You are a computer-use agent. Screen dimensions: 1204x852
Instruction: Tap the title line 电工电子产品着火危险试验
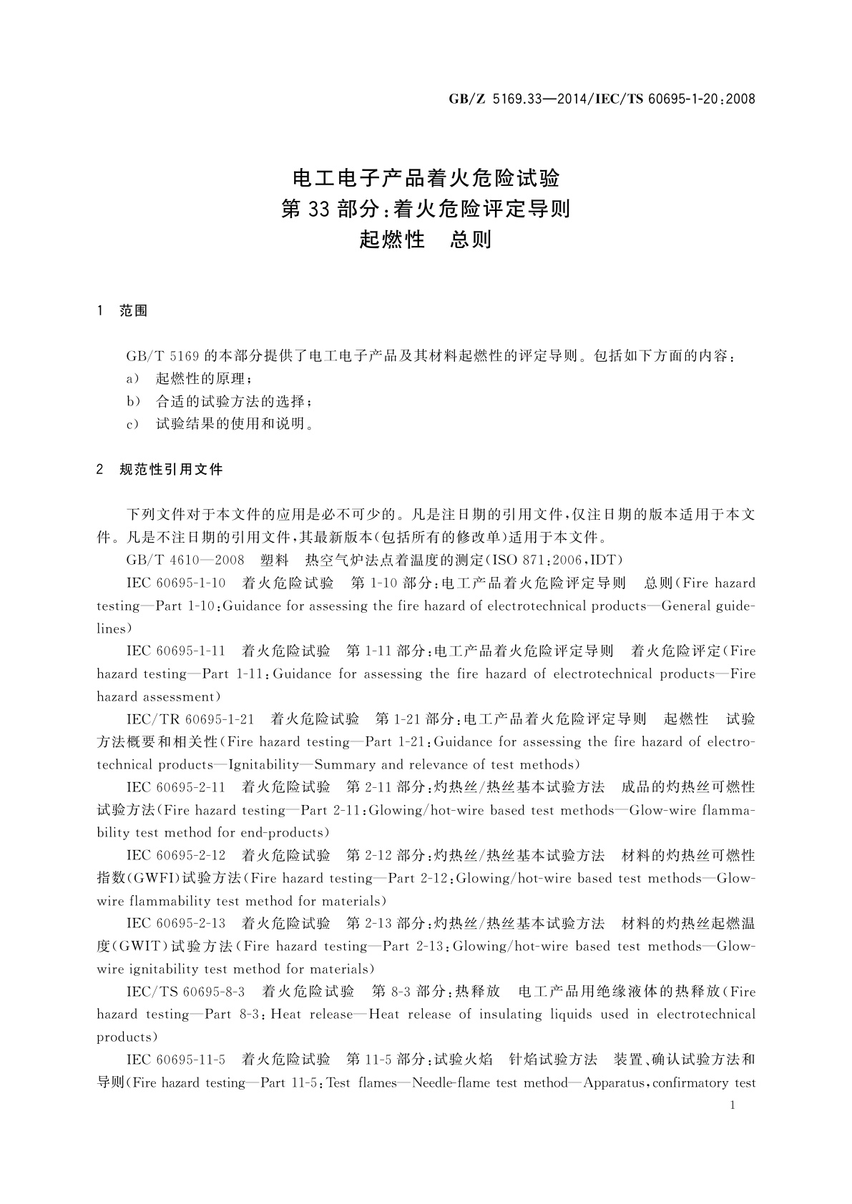click(x=426, y=178)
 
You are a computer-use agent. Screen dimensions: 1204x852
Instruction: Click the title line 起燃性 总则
click(x=426, y=240)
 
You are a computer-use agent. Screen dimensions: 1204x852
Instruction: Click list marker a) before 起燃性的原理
click(x=132, y=379)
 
